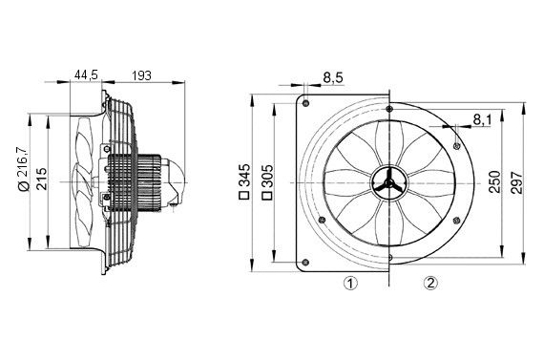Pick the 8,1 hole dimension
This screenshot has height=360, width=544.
pyautogui.click(x=482, y=119)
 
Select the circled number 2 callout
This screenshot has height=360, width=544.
pyautogui.click(x=430, y=283)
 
